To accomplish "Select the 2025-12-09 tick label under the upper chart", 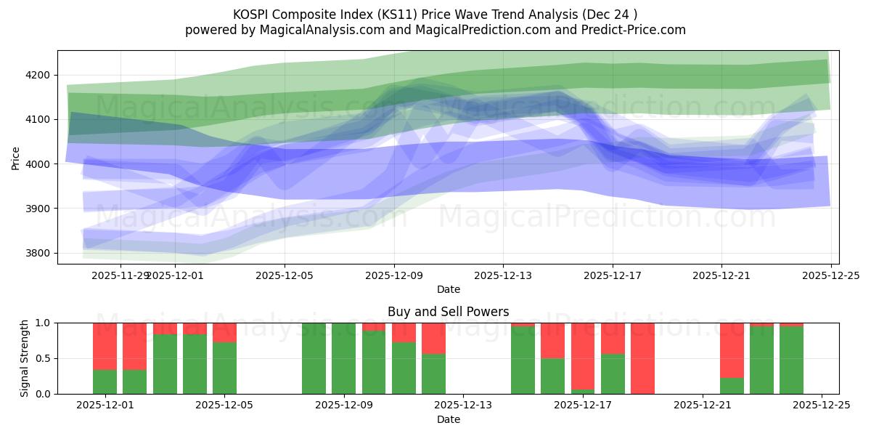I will (393, 276).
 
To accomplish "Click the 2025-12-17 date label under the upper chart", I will (612, 276).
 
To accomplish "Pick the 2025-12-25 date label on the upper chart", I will (830, 276).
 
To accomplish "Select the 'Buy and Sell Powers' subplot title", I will (448, 312).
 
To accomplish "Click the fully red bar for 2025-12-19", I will (642, 358).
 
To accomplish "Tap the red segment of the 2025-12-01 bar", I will (105, 346).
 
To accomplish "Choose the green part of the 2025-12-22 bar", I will (732, 386).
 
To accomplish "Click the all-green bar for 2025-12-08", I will (314, 358).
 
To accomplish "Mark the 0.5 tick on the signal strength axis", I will (43, 358).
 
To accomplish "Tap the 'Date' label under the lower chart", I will (448, 419).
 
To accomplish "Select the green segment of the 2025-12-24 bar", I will (791, 360).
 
